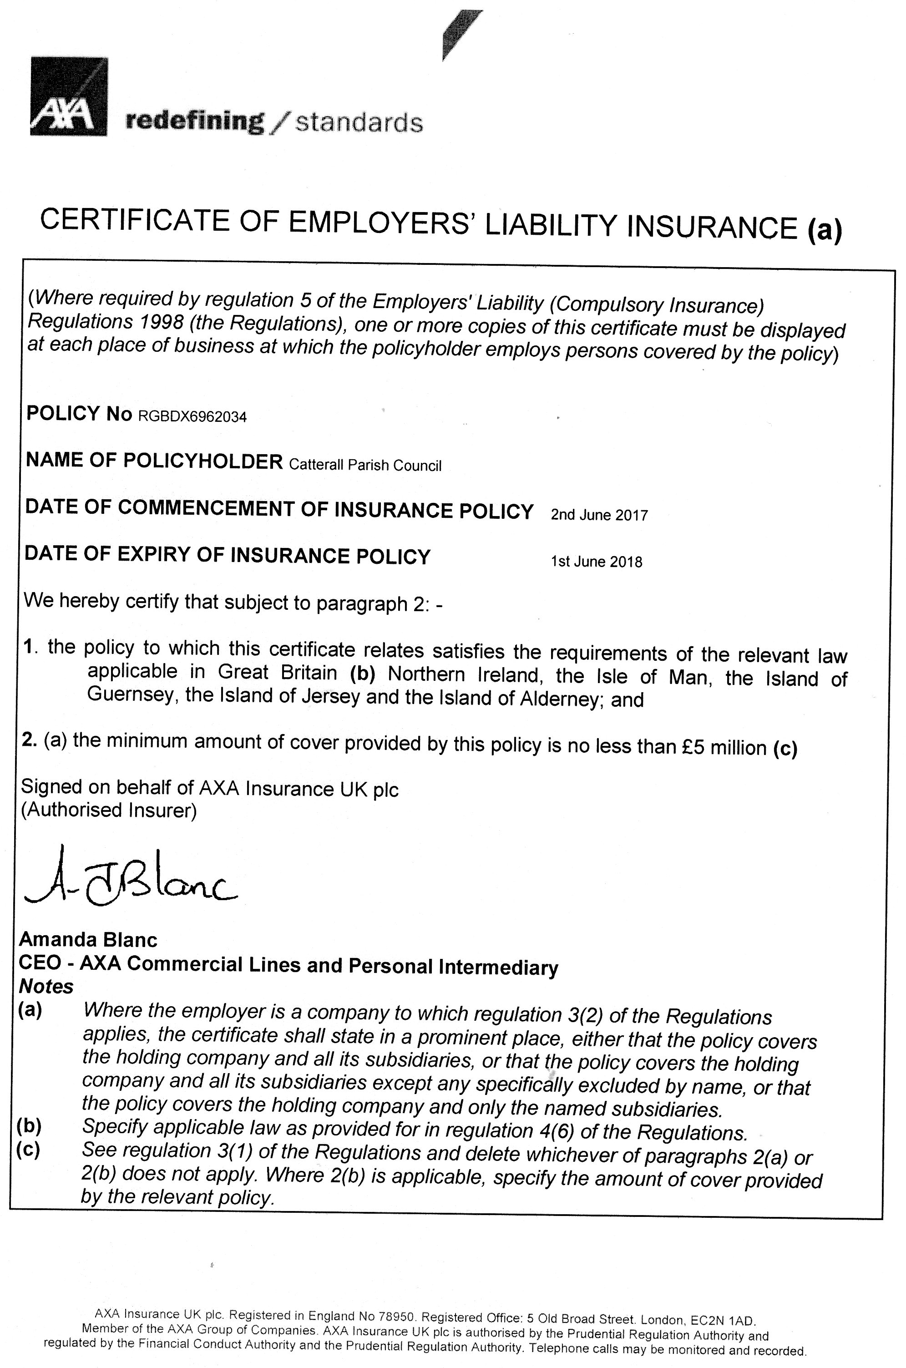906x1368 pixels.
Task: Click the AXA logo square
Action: click(69, 96)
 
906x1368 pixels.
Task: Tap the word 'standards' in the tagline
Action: click(359, 122)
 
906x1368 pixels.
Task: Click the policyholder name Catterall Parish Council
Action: click(364, 466)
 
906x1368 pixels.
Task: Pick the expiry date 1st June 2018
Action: click(596, 562)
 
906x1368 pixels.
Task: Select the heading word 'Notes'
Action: click(46, 986)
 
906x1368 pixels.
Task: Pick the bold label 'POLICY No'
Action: click(80, 414)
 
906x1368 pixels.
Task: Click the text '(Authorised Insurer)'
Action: click(109, 810)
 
